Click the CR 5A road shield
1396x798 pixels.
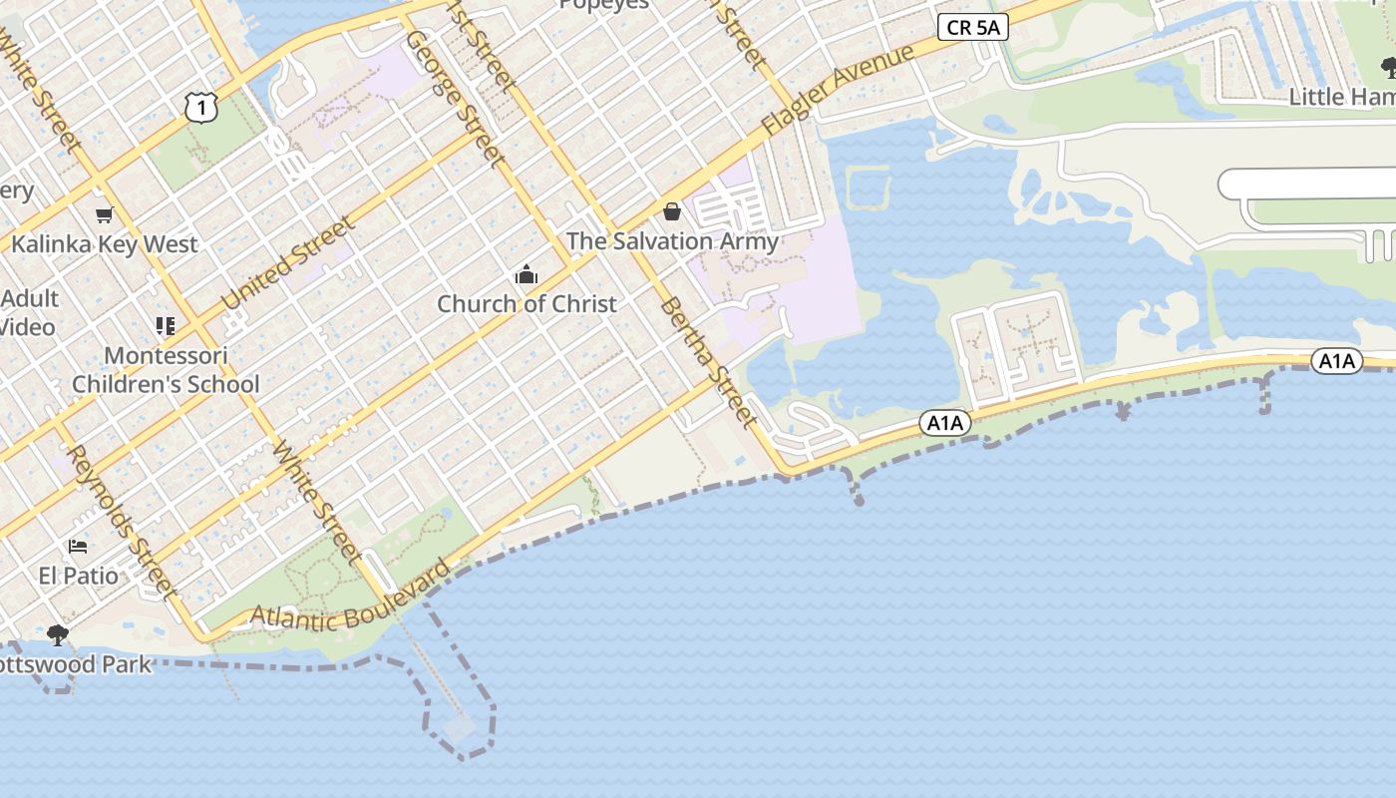pyautogui.click(x=972, y=28)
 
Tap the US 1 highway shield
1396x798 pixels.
pyautogui.click(x=201, y=107)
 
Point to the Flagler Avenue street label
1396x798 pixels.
pyautogui.click(x=838, y=90)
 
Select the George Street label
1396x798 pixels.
pyautogui.click(x=455, y=97)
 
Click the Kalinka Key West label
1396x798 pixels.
pyautogui.click(x=105, y=244)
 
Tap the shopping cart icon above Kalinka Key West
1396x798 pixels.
pyautogui.click(x=104, y=214)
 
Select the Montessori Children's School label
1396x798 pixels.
pyautogui.click(x=166, y=369)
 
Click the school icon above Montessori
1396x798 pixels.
pyautogui.click(x=166, y=326)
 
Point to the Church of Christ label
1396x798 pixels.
pyautogui.click(x=526, y=304)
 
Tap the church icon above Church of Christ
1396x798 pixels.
pyautogui.click(x=526, y=275)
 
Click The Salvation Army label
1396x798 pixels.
pyautogui.click(x=672, y=241)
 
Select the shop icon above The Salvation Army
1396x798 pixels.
pyautogui.click(x=672, y=212)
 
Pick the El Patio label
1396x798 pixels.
pyautogui.click(x=78, y=576)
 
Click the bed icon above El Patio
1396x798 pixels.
pyautogui.click(x=78, y=547)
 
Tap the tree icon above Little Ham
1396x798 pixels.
pyautogui.click(x=1389, y=68)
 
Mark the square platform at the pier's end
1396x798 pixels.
pyautogui.click(x=460, y=728)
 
